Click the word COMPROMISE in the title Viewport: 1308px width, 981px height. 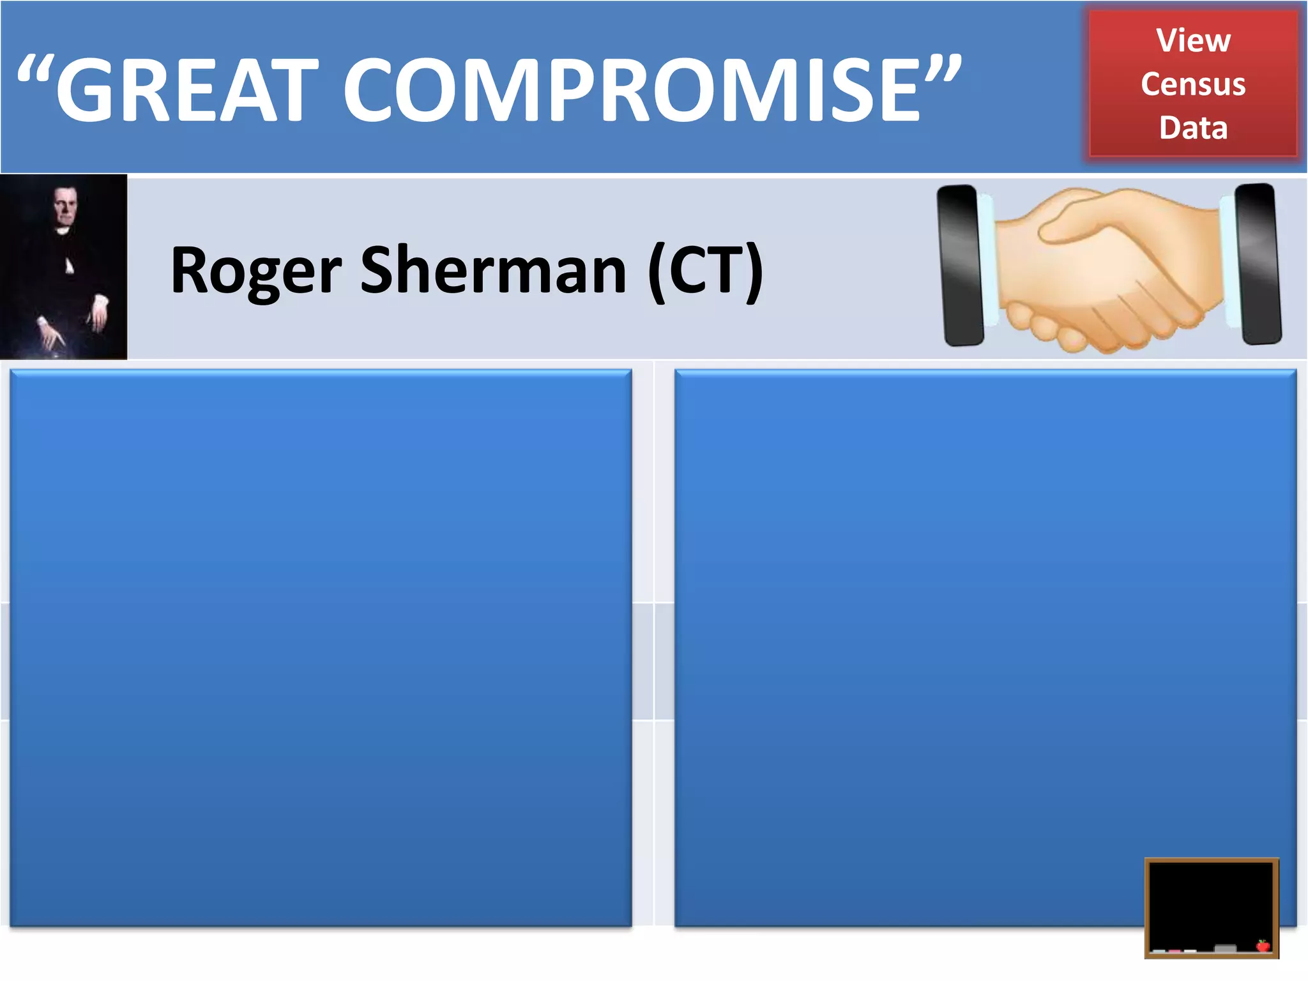click(x=632, y=89)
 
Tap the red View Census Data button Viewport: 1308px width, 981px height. click(x=1193, y=83)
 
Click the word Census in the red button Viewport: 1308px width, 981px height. click(x=1193, y=84)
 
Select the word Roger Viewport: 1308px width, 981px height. click(x=255, y=271)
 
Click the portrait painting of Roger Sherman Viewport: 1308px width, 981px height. click(x=63, y=266)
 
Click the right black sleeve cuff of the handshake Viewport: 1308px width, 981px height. click(x=1258, y=263)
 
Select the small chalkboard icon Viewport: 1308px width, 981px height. click(x=1212, y=907)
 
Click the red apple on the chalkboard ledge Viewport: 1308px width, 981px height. click(x=1263, y=945)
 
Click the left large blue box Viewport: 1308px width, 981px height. click(x=321, y=648)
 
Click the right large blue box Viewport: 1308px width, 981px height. click(x=985, y=648)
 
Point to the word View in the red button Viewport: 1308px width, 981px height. click(x=1193, y=41)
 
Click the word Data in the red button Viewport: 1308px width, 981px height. click(x=1193, y=128)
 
